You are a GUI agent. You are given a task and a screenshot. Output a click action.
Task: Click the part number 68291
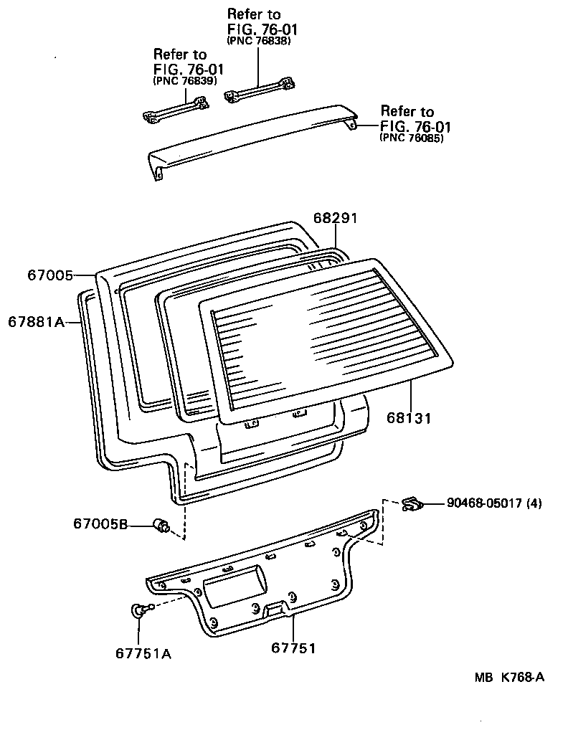click(x=335, y=218)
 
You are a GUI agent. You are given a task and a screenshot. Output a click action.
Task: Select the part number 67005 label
click(x=50, y=274)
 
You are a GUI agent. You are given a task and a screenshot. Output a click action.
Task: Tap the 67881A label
click(x=36, y=322)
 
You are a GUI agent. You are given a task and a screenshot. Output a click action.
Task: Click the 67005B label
click(x=100, y=524)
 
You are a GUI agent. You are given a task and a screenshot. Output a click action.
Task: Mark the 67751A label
click(x=143, y=653)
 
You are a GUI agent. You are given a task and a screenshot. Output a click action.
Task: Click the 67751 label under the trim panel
click(x=293, y=648)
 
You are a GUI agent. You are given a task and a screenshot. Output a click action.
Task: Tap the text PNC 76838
click(x=258, y=42)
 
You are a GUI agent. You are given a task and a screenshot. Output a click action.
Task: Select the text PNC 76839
click(x=185, y=81)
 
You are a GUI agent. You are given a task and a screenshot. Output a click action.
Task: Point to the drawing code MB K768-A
click(x=508, y=678)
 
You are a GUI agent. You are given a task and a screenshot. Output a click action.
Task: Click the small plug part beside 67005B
click(x=161, y=526)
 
